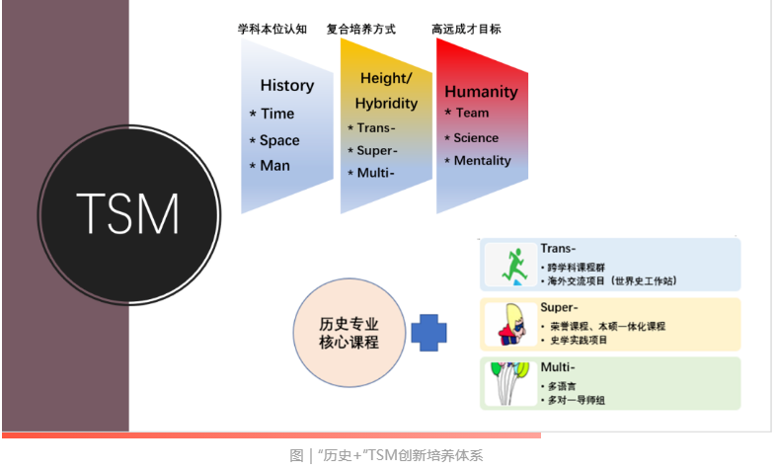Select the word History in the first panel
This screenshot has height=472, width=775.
coord(286,85)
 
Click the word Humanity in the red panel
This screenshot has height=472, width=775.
coord(481,92)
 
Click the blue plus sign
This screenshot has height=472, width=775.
coord(428,332)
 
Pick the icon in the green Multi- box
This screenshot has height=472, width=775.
coord(509,382)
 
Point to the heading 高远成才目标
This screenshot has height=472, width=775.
coord(466,30)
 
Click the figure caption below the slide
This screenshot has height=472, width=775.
coord(387,455)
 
